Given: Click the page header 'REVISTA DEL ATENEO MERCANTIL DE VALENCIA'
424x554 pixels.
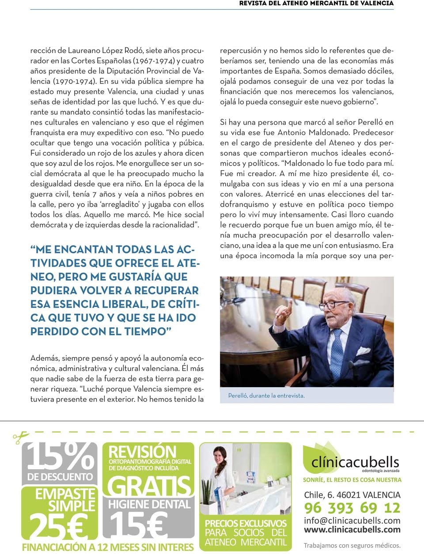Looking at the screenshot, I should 316,4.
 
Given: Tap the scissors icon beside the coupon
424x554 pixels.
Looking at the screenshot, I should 20,437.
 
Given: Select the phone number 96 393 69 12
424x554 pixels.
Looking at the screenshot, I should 352,508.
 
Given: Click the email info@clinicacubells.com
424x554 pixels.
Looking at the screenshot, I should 352,520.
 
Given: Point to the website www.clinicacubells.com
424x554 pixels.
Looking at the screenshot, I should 352,530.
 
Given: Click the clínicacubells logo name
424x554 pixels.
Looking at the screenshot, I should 355,462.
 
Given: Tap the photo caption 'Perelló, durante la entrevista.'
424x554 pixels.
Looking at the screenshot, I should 266,396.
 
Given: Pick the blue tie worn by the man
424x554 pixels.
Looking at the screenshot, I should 337,349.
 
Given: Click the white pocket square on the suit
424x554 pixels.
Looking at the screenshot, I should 363,351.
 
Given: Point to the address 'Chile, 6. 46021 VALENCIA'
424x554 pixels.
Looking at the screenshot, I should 352,495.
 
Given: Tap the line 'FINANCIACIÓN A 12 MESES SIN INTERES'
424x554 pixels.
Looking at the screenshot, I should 108,547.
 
